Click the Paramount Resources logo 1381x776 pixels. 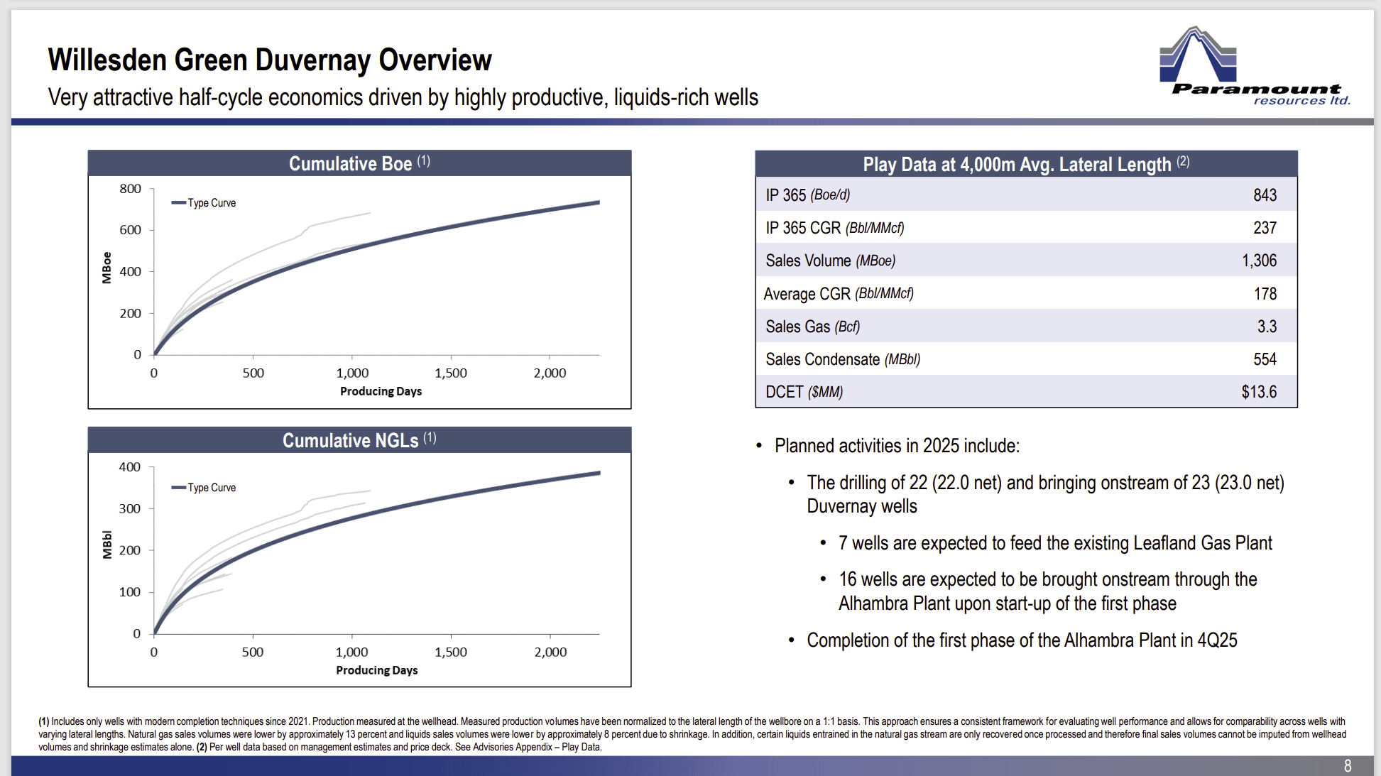1253,67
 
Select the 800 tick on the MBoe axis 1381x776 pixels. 131,189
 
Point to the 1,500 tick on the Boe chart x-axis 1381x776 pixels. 451,373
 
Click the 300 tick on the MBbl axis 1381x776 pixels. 130,508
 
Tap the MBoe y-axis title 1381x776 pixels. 107,268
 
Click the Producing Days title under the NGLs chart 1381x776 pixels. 376,670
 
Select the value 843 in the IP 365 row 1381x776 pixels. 1265,195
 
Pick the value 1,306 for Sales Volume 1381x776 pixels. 1259,261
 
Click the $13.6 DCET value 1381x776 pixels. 1259,392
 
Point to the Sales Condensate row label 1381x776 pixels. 842,359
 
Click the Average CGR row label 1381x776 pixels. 838,294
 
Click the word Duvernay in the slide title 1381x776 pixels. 310,60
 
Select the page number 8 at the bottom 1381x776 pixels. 1347,766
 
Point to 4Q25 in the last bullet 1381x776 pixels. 1217,640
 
